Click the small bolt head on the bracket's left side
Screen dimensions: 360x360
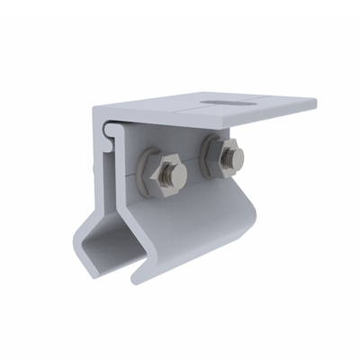pyautogui.click(x=96, y=166)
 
